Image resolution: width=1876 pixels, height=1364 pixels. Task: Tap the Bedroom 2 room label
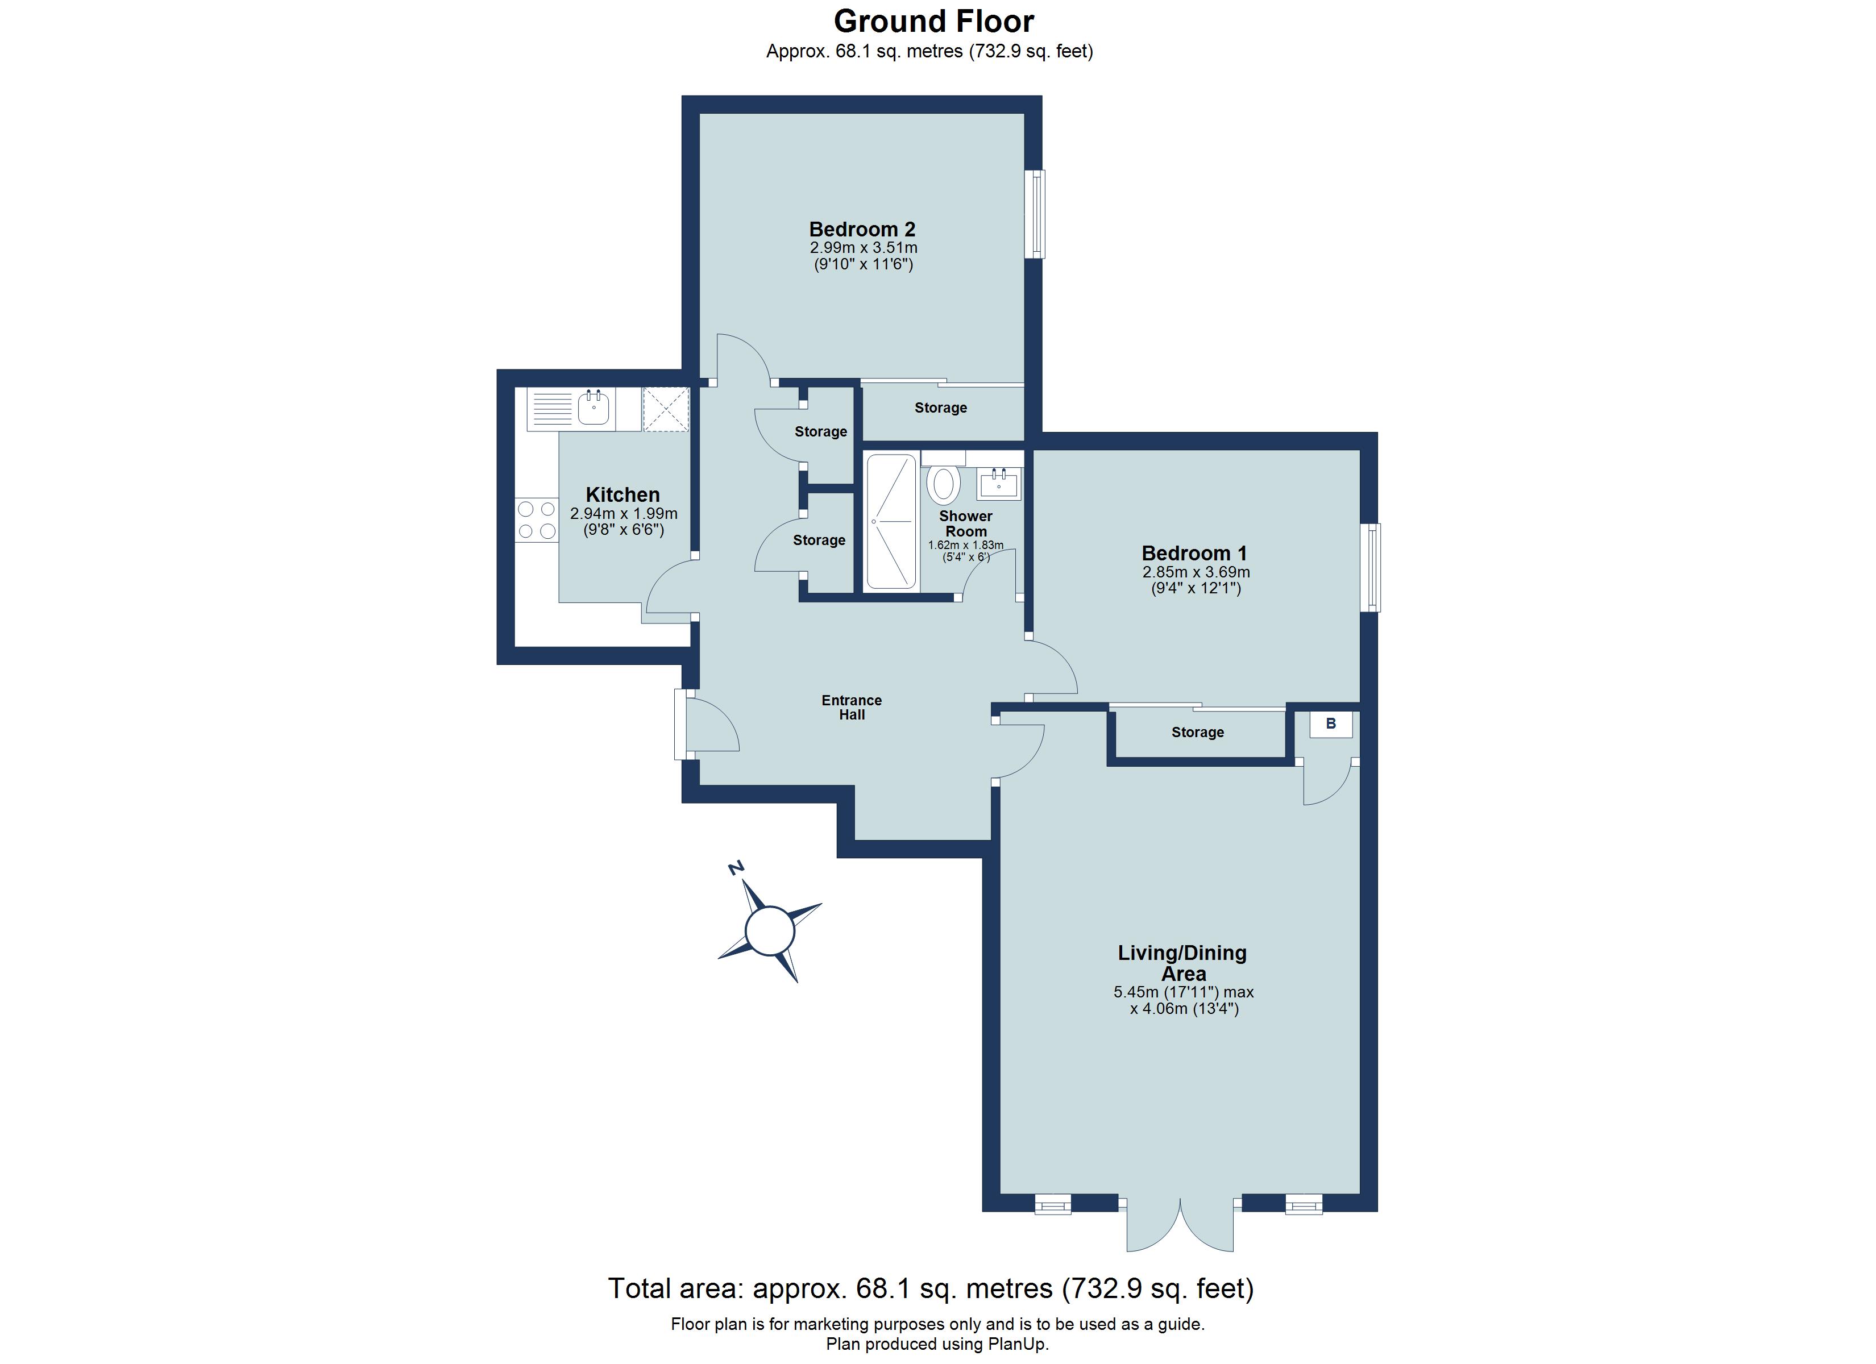point(862,229)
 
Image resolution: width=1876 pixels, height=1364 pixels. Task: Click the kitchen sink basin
point(593,409)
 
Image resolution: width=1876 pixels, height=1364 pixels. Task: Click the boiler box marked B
point(1331,723)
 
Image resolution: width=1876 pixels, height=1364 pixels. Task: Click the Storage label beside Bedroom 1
point(1197,732)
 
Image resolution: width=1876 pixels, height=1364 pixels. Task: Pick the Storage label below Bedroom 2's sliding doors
point(940,408)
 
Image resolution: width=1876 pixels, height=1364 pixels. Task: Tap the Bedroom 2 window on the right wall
point(1034,214)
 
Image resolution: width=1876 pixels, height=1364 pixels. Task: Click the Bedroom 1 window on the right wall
point(1372,567)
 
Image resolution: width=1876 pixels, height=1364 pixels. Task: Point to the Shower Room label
point(965,523)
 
